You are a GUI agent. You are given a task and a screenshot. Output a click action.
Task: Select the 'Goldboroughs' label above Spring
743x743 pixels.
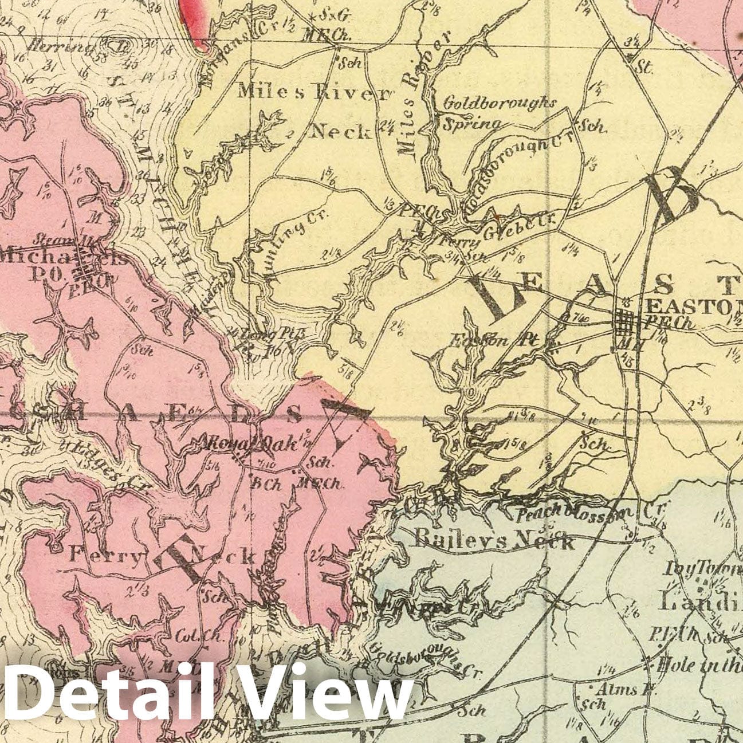tap(499, 104)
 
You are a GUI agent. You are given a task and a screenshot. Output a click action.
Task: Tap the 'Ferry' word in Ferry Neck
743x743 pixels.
tap(104, 554)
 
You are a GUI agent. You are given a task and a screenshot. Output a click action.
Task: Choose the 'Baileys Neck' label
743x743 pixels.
tap(494, 538)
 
